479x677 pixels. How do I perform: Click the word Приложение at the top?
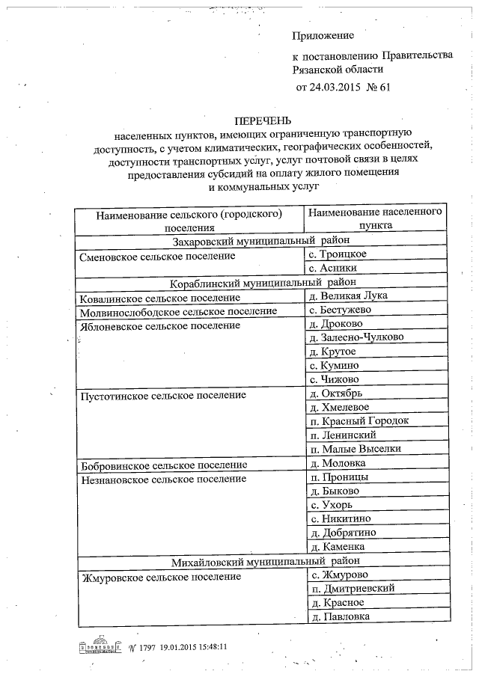pos(323,34)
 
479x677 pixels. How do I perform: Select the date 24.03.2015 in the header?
pos(335,87)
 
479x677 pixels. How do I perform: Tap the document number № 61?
pos(379,87)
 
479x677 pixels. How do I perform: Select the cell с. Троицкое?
pos(338,254)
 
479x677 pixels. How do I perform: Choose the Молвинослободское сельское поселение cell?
pos(178,310)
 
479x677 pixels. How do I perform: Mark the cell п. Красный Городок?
pos(359,420)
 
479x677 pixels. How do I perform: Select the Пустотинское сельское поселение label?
pos(163,393)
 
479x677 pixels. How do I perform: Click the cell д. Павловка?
pos(339,616)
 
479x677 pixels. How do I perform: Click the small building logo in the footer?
pos(101,646)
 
